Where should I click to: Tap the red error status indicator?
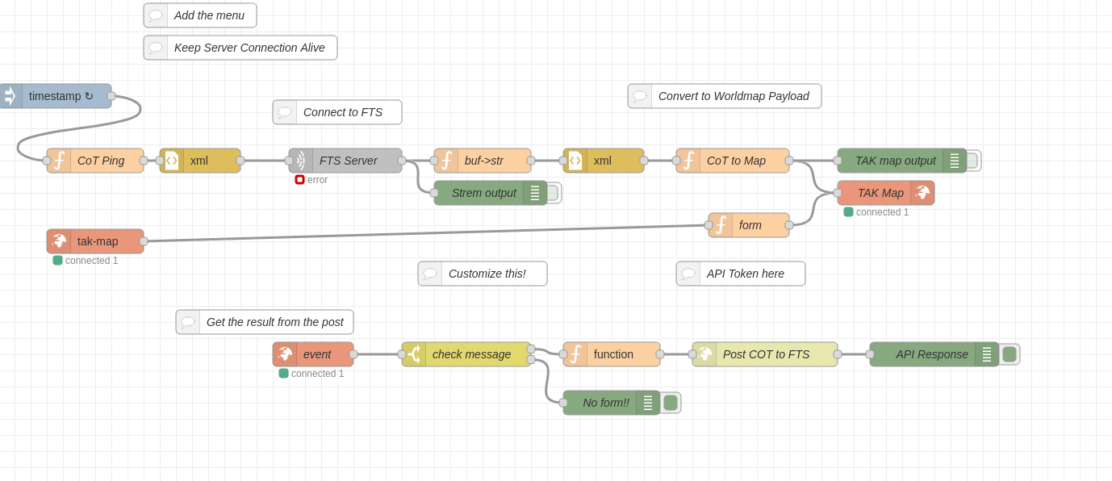299,180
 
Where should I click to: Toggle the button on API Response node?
1010,354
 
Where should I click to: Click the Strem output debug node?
483,193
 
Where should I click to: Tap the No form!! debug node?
604,403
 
